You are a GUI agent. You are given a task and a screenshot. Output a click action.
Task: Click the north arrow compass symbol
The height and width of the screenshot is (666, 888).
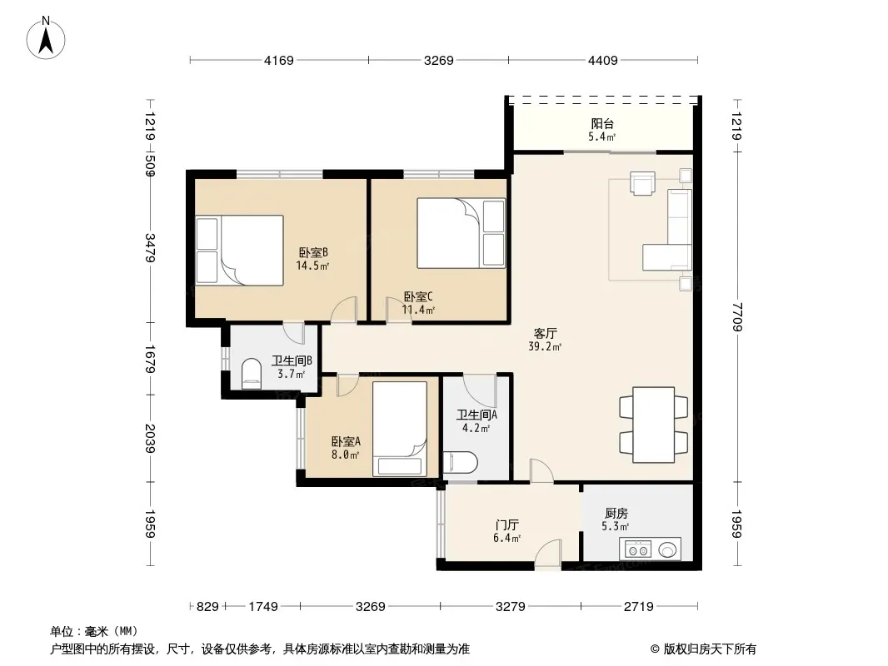coord(46,38)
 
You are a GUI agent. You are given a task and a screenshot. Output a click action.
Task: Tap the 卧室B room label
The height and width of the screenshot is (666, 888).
coord(313,252)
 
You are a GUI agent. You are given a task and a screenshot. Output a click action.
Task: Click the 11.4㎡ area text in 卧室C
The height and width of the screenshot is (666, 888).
coord(418,310)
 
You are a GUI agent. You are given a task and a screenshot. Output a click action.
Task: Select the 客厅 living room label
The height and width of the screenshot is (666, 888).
coord(545,333)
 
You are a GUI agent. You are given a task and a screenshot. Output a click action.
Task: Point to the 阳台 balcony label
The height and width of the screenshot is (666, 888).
coord(602,123)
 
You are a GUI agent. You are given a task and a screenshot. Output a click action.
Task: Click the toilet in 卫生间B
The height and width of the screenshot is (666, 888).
coord(251,374)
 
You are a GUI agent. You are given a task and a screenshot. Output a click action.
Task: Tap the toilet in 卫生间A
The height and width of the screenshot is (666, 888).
coord(461,462)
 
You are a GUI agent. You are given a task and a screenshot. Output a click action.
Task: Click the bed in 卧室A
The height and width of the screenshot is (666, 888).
coord(399,429)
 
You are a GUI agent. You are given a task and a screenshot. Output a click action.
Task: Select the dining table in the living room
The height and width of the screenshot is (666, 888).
coord(654,425)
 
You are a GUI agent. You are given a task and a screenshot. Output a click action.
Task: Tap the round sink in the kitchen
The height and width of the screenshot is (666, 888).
coord(667,549)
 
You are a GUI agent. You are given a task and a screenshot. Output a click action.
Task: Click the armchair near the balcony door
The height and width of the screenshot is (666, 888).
coord(643,183)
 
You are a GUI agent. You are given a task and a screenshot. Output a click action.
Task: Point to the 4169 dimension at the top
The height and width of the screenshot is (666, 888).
coord(278,60)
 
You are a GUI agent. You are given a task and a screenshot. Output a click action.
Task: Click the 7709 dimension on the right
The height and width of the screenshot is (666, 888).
coord(736,317)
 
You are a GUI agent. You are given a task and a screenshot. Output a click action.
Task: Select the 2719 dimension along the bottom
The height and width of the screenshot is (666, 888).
coord(638,607)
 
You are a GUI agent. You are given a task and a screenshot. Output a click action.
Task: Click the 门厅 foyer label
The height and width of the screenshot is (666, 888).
coord(506,524)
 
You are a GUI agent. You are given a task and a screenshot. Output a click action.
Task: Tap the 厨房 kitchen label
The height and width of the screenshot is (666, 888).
coord(616,513)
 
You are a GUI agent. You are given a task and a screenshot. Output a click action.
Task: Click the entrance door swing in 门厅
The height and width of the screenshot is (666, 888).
coord(548,554)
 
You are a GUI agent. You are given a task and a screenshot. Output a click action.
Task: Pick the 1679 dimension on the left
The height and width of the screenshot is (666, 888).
coord(149,360)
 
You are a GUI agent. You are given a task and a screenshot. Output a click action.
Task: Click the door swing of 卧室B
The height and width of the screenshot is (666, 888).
coord(344,310)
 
